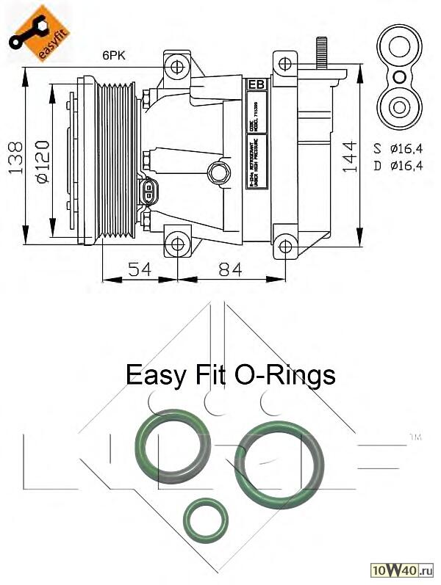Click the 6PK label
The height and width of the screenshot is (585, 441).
(115, 55)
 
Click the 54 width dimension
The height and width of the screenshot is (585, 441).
(139, 269)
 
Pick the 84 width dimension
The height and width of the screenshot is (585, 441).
(229, 269)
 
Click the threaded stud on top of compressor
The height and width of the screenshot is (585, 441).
(321, 52)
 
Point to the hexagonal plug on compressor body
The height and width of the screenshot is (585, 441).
(218, 172)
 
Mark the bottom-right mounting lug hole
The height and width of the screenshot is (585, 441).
(285, 246)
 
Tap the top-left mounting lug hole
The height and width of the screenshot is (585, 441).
(179, 68)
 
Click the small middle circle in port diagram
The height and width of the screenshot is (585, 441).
(398, 77)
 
